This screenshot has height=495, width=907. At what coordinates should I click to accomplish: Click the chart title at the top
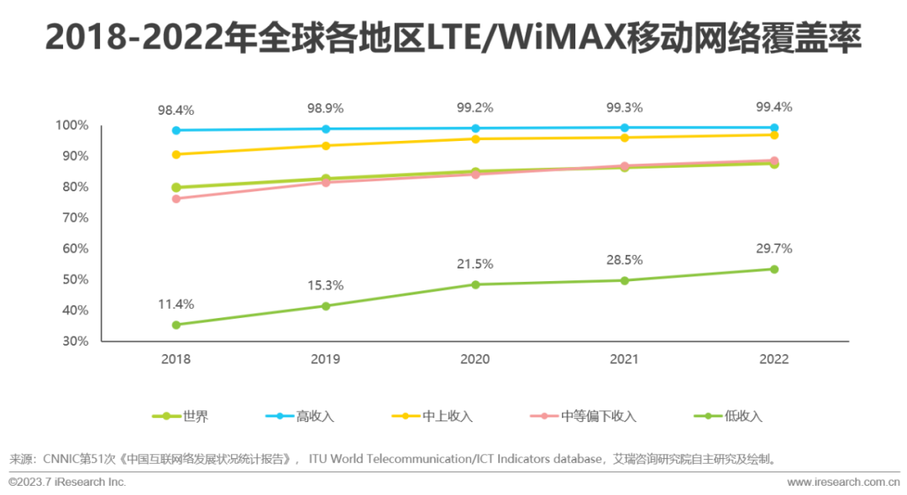pos(453,39)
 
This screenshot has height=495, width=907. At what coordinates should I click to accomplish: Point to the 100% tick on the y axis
pos(72,125)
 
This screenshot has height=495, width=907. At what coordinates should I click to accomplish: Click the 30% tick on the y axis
pos(75,341)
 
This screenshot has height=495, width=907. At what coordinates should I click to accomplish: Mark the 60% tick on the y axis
pos(75,248)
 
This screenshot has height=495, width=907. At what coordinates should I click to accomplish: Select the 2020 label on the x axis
pos(474,359)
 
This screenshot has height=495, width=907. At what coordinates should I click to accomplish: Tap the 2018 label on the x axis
pos(176,359)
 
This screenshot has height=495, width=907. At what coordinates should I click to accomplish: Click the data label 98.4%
pos(176,110)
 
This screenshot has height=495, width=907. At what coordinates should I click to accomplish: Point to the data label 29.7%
pos(773,248)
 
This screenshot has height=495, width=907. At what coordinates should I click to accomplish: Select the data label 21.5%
pos(474,263)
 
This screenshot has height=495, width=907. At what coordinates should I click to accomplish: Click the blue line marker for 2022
pos(774,128)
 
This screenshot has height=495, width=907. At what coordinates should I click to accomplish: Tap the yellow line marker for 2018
pos(176,154)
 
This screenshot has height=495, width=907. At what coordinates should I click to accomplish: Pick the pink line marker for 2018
pos(176,199)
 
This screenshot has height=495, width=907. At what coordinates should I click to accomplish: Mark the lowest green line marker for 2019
pos(325,306)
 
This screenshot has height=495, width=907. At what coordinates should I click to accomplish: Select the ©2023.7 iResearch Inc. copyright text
pos(67,482)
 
